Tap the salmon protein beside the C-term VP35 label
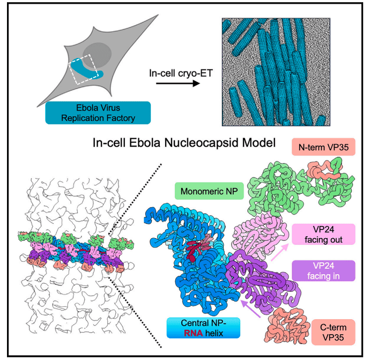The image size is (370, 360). pyautogui.click(x=283, y=325)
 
